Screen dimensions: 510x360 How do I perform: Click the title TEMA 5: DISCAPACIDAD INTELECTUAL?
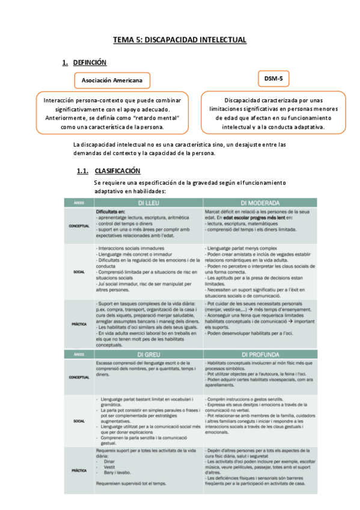coord(180,40)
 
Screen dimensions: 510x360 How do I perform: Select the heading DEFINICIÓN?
coord(90,62)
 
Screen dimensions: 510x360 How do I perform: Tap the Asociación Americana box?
coord(112,80)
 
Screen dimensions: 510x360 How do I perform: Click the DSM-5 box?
coord(277,78)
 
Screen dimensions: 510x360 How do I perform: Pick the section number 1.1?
coord(83,171)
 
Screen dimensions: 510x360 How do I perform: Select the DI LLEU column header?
coord(148,202)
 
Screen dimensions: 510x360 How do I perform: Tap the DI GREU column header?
coord(148,354)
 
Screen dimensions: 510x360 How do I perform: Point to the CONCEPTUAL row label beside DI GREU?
coord(79,378)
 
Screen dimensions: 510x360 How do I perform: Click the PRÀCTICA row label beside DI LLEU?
coord(79,324)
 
